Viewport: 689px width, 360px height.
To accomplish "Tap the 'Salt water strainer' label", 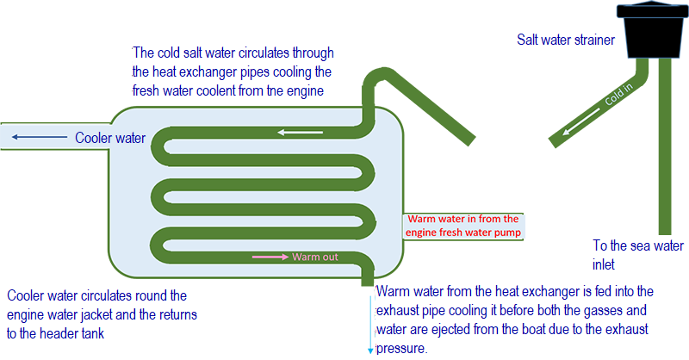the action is click(566, 40).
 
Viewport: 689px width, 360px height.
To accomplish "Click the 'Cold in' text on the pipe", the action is click(618, 95).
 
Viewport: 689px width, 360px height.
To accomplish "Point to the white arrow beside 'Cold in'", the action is click(580, 121).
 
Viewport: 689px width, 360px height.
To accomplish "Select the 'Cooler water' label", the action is click(110, 138).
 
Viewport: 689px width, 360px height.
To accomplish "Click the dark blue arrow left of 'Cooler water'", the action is click(40, 137).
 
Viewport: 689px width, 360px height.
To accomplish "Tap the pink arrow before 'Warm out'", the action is click(270, 257).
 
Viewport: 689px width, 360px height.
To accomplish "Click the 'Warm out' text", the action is click(315, 257).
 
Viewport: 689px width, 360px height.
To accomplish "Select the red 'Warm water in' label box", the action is click(463, 226).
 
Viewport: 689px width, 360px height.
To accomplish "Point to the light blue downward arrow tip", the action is click(370, 352).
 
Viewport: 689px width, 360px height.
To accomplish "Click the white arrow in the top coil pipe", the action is click(300, 132).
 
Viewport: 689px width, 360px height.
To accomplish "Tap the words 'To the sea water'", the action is click(638, 245).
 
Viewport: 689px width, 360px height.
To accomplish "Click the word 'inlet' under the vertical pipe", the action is click(604, 264).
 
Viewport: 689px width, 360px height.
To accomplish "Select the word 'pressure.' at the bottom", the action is click(401, 349).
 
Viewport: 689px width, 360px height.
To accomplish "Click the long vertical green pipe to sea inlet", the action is click(665, 146).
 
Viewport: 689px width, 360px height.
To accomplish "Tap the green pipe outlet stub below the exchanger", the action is click(368, 279).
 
